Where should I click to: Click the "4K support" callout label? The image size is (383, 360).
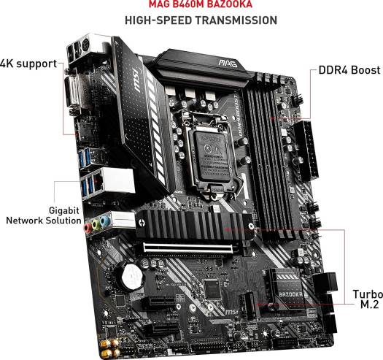point(28,64)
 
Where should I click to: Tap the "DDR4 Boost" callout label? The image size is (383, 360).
point(349,70)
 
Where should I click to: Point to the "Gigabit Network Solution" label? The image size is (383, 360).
point(44,215)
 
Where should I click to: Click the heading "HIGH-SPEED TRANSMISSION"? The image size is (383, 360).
point(201,20)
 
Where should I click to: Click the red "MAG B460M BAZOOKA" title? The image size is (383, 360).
point(201,4)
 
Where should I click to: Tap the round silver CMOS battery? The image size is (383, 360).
point(131,276)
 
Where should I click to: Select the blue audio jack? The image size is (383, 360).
point(105,221)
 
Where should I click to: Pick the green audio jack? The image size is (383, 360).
point(96,224)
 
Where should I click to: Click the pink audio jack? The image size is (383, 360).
point(88,228)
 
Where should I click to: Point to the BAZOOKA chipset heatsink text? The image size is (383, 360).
point(290,294)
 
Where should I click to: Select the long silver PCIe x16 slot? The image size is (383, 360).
point(188,249)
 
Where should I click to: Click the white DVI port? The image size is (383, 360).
point(72,93)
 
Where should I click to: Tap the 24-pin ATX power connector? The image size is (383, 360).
point(306,150)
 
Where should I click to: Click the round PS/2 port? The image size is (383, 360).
point(85,45)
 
